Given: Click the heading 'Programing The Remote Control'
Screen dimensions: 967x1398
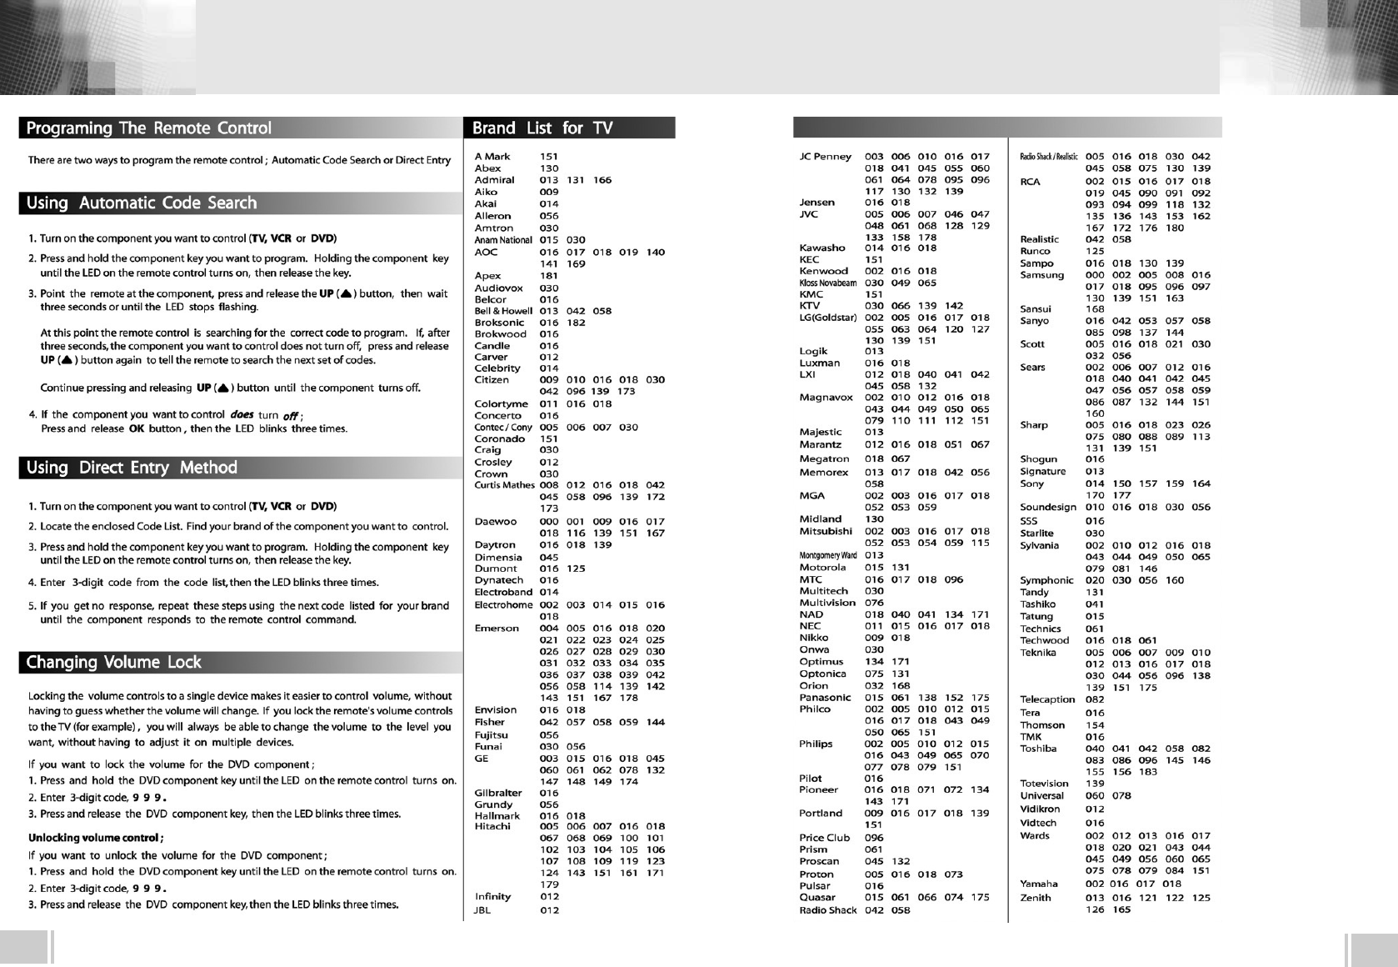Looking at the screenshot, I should [x=148, y=128].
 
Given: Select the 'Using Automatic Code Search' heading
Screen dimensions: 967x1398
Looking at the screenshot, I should [x=142, y=203].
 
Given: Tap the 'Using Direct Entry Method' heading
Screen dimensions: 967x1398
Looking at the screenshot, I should [x=132, y=468].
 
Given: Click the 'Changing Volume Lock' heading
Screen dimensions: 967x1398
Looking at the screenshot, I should [x=113, y=663].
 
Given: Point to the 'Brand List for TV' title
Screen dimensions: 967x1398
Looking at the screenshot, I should [x=542, y=128].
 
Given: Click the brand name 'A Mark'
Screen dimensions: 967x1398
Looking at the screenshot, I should [x=492, y=157].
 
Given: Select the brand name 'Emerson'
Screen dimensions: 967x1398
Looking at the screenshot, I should [x=497, y=629].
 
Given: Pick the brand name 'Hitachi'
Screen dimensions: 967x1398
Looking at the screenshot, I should [x=492, y=827].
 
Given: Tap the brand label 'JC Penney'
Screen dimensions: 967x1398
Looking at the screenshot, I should [x=826, y=157].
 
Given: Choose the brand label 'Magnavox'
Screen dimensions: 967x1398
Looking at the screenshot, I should [x=826, y=398].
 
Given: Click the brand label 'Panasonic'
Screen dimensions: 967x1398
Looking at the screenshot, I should [x=826, y=698].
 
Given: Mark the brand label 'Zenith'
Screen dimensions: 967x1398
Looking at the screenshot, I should [x=1036, y=898].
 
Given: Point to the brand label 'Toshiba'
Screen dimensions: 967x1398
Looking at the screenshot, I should [x=1038, y=749].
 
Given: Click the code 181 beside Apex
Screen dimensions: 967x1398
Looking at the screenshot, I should [x=549, y=276].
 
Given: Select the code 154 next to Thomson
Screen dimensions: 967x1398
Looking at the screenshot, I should [x=1095, y=725].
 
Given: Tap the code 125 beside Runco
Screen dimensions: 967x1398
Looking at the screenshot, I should [x=1095, y=251].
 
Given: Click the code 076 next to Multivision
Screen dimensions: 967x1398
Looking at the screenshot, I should [x=874, y=603].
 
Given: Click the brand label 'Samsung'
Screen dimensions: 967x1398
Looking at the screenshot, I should [x=1041, y=275].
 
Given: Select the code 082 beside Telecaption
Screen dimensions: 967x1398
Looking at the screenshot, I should [x=1095, y=699].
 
